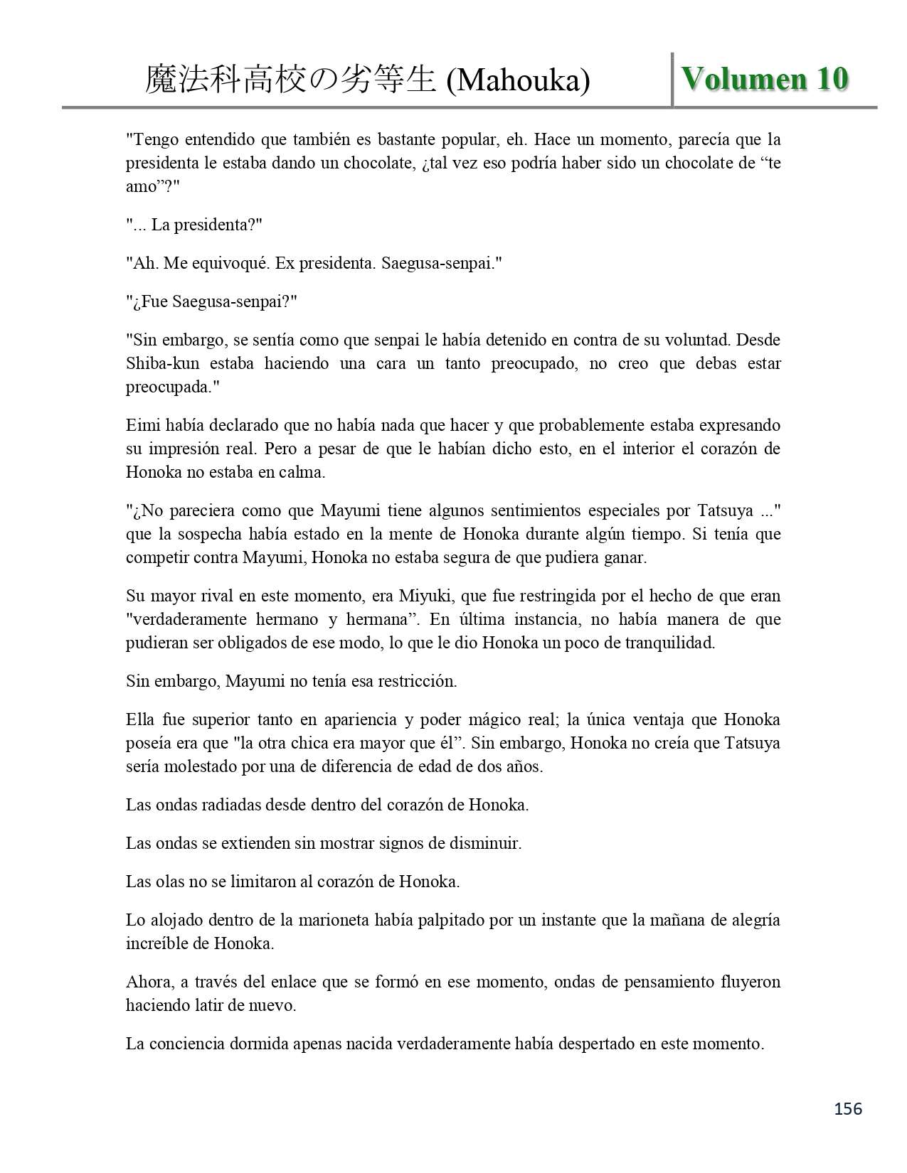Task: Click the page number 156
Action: pyautogui.click(x=847, y=1108)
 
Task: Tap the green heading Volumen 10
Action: pyautogui.click(x=765, y=79)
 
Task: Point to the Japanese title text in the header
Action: pyautogui.click(x=290, y=80)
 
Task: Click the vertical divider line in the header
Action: pyautogui.click(x=672, y=79)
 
